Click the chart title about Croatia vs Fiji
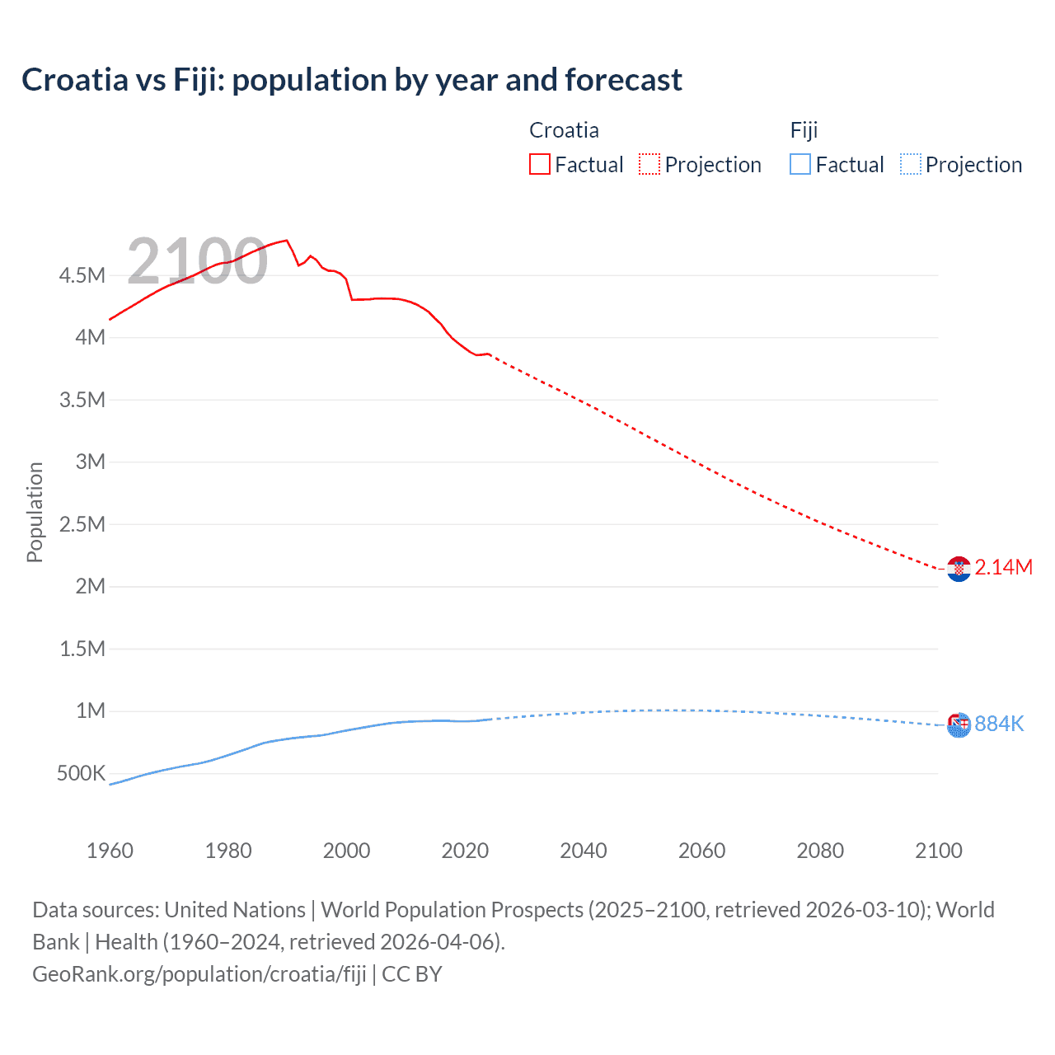pyautogui.click(x=352, y=80)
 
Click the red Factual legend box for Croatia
pyautogui.click(x=539, y=165)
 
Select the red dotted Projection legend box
pyautogui.click(x=649, y=165)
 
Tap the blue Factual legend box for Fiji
pyautogui.click(x=799, y=165)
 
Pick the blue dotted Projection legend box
pyautogui.click(x=911, y=165)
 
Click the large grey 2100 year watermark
pyautogui.click(x=197, y=261)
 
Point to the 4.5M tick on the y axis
pyautogui.click(x=82, y=275)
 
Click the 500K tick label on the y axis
pyautogui.click(x=81, y=773)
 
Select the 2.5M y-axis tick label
pyautogui.click(x=82, y=524)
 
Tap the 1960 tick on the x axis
pyautogui.click(x=110, y=851)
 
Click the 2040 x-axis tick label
pyautogui.click(x=584, y=851)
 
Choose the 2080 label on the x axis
pyautogui.click(x=820, y=851)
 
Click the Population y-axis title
pyautogui.click(x=35, y=512)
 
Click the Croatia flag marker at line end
pyautogui.click(x=959, y=569)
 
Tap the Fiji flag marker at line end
pyautogui.click(x=959, y=725)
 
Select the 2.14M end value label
pyautogui.click(x=1003, y=567)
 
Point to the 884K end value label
pyautogui.click(x=999, y=724)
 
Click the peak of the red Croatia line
pyautogui.click(x=286, y=241)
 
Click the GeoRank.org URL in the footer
pyautogui.click(x=199, y=974)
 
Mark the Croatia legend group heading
pyautogui.click(x=564, y=130)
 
